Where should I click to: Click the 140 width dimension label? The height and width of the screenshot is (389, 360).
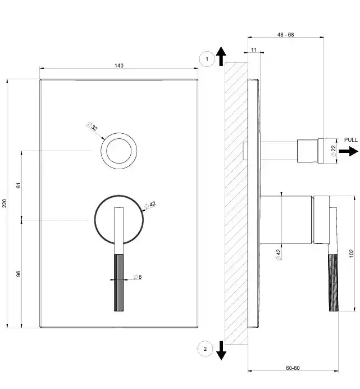119,66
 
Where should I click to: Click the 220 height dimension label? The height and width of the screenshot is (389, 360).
5,203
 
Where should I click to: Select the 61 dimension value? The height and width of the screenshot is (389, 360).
18,184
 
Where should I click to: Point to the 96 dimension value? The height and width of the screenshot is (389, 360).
18,273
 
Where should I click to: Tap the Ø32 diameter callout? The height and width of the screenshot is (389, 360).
93,126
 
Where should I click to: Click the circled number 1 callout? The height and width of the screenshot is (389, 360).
207,58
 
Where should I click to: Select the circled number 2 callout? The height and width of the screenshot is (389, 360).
205,350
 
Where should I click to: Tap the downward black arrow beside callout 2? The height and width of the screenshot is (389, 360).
221,350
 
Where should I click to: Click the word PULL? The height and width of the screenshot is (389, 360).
350,139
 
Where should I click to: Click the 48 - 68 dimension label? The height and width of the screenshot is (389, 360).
285,35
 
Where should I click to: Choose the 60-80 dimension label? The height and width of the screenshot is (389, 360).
293,368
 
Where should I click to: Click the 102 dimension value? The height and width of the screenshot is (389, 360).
352,254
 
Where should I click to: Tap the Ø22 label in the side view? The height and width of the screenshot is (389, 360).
333,151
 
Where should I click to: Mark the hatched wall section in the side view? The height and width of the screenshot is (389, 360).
235,202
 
